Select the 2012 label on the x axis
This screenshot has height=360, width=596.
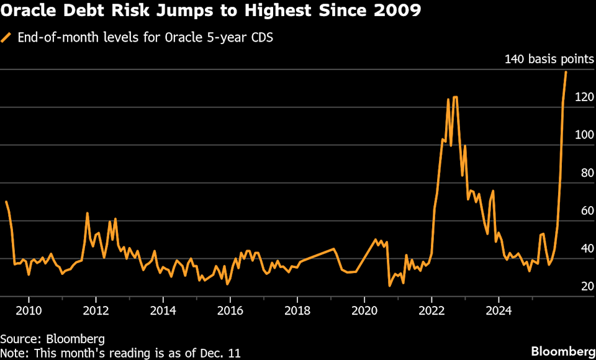tap(96, 310)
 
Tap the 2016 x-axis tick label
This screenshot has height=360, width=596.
tap(230, 310)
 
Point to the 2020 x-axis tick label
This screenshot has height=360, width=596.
tap(364, 310)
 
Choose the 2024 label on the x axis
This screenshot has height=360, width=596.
tap(499, 310)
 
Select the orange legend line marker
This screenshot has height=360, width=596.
tap(7, 38)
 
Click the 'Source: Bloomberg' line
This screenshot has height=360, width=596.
tap(52, 339)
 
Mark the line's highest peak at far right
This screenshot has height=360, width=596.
tap(566, 72)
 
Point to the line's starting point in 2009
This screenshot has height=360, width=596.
tap(6, 202)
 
